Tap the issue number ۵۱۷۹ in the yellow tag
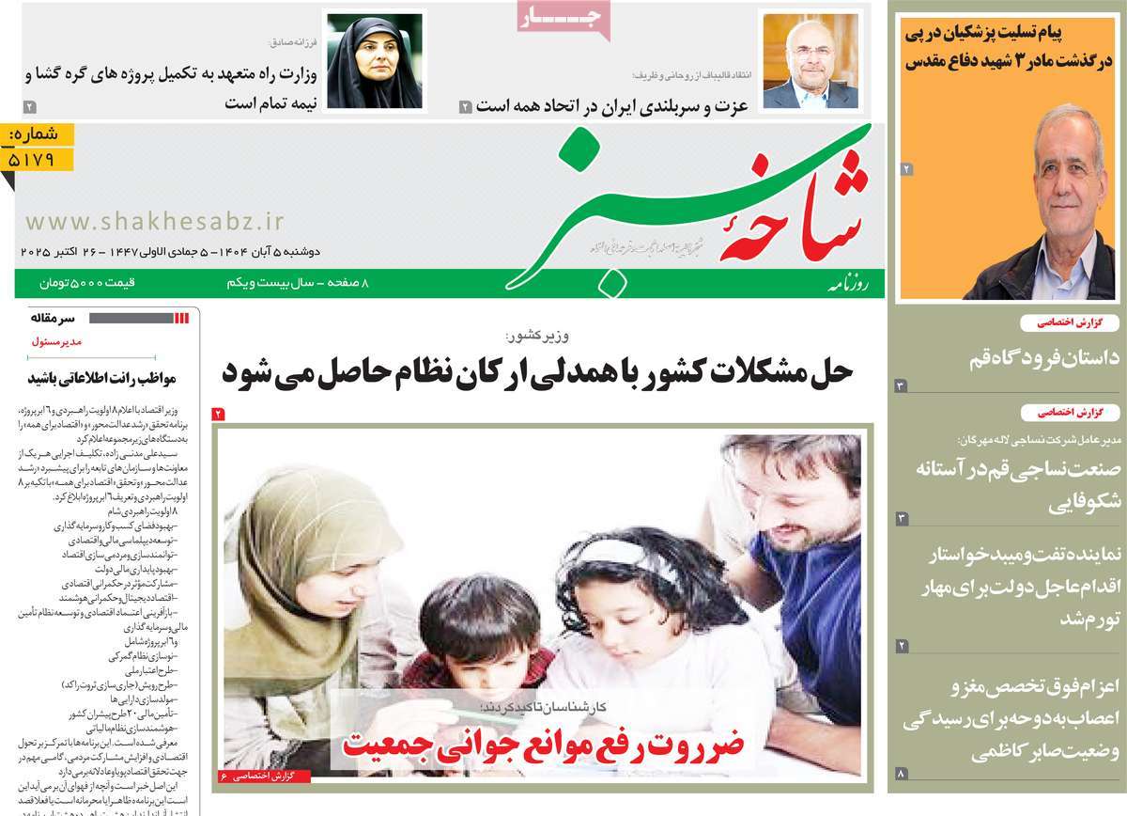coord(40,160)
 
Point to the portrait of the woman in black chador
coord(373,61)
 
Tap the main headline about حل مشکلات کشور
coord(537,370)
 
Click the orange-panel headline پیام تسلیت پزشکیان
coord(1007,48)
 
